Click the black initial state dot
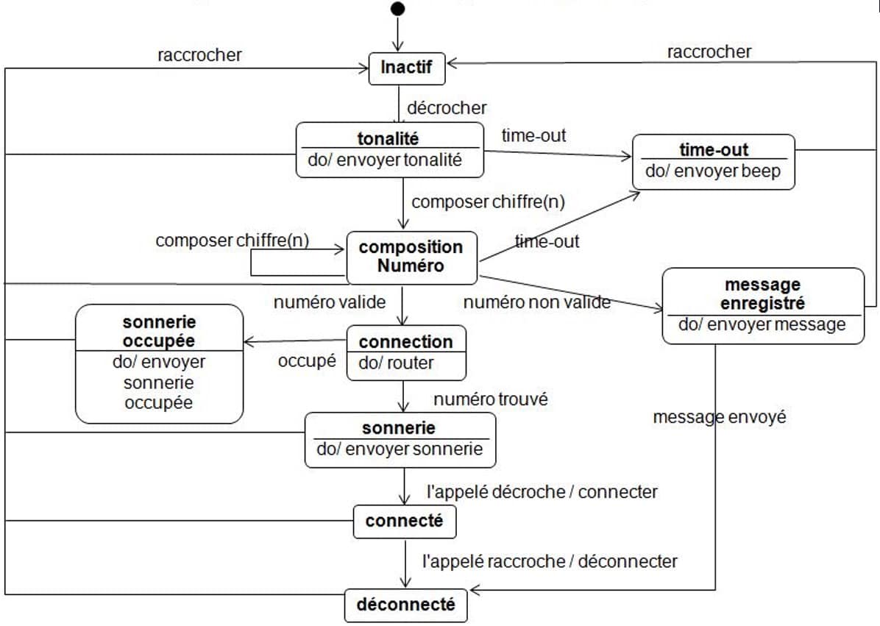click(398, 9)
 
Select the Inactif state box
click(406, 68)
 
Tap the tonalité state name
click(388, 138)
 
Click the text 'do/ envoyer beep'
click(713, 171)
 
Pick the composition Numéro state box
click(411, 257)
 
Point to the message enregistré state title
click(762, 294)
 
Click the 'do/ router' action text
click(397, 363)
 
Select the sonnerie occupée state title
click(159, 332)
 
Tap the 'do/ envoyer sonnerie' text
click(400, 449)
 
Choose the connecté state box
click(404, 522)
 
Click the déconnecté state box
click(405, 605)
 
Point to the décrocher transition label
click(447, 108)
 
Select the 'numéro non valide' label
click(536, 302)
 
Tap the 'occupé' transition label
click(307, 361)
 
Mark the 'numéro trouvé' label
click(491, 399)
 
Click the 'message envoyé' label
click(719, 417)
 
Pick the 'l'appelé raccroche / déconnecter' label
click(550, 561)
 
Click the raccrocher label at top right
click(709, 51)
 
